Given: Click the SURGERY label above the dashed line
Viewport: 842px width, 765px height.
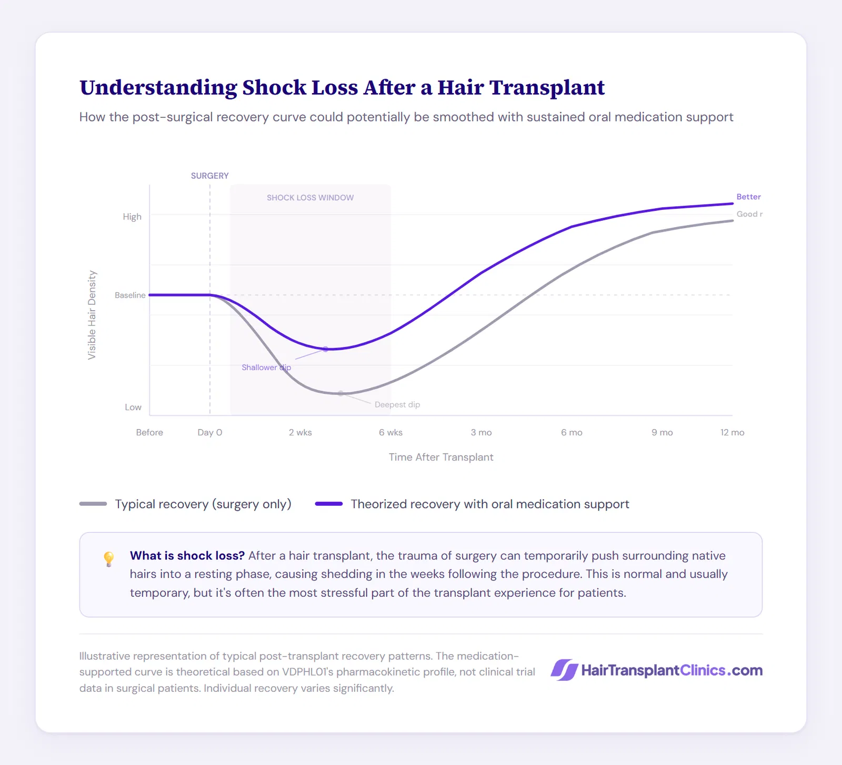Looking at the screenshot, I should tap(209, 176).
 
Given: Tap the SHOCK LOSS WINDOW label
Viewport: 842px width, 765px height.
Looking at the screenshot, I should tap(310, 198).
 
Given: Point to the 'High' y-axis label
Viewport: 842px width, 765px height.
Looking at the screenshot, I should tap(132, 217).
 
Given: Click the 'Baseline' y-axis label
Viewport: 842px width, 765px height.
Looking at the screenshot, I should tap(130, 295).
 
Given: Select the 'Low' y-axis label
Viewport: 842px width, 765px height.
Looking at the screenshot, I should tap(133, 407).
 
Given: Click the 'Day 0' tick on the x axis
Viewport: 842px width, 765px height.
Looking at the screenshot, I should tap(209, 432).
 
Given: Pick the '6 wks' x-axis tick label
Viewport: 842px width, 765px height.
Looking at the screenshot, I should tap(390, 432).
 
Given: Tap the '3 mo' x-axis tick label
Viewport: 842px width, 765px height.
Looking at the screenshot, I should tap(481, 432).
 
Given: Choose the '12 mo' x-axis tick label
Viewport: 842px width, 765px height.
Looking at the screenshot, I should tap(732, 432).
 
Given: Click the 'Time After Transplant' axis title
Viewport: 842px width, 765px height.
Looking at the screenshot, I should tap(441, 457).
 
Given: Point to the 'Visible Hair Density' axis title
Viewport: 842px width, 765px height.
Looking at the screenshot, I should tap(92, 315).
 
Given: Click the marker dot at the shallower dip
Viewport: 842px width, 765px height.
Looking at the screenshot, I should tap(325, 349).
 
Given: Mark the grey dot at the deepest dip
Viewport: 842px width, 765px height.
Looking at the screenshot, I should tap(340, 393).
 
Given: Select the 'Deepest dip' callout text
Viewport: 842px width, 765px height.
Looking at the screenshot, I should tap(397, 405).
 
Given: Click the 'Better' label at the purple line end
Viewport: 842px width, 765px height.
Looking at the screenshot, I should tap(748, 197).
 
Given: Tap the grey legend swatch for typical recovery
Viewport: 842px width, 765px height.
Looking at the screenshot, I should tap(93, 504).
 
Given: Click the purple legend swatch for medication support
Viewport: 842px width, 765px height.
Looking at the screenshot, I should tap(329, 504).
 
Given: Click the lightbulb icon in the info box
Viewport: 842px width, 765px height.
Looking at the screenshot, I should tap(109, 558).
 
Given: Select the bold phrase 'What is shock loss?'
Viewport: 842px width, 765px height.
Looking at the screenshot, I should tap(187, 556).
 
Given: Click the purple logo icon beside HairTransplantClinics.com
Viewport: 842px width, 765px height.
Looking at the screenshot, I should tap(564, 670).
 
